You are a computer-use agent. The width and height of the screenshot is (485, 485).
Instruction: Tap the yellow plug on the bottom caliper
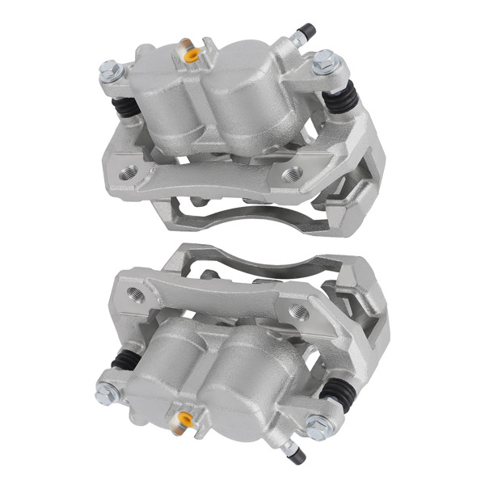coord(186,420)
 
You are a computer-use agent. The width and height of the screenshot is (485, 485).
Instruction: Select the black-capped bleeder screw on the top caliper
coord(306,33)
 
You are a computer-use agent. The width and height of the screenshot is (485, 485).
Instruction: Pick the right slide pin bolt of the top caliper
coord(326,60)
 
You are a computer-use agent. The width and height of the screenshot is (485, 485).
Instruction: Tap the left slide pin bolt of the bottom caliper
coord(106,393)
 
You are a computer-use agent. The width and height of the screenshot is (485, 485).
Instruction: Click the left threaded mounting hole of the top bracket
coord(129,171)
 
